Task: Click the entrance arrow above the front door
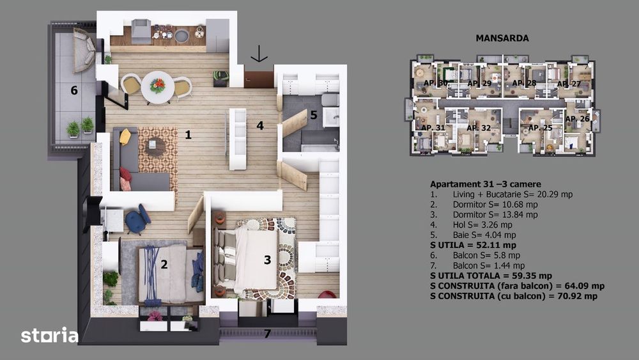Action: click(x=259, y=54)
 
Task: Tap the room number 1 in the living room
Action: click(x=188, y=134)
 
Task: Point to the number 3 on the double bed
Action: click(x=267, y=260)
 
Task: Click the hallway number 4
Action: click(x=259, y=125)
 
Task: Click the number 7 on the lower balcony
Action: click(x=267, y=333)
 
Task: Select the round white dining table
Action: click(x=157, y=86)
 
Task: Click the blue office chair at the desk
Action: click(x=136, y=221)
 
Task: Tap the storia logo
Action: click(x=49, y=335)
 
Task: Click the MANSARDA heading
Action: click(x=502, y=38)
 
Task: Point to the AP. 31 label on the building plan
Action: click(x=433, y=128)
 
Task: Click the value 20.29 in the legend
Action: click(x=524, y=194)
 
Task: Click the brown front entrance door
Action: click(x=259, y=79)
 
